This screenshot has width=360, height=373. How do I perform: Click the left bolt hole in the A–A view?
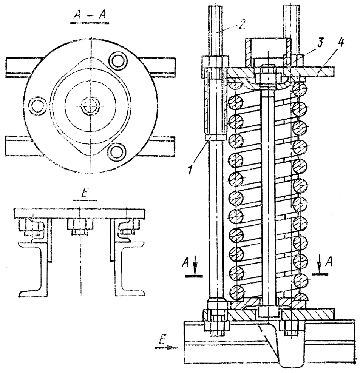pyautogui.click(x=38, y=105)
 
